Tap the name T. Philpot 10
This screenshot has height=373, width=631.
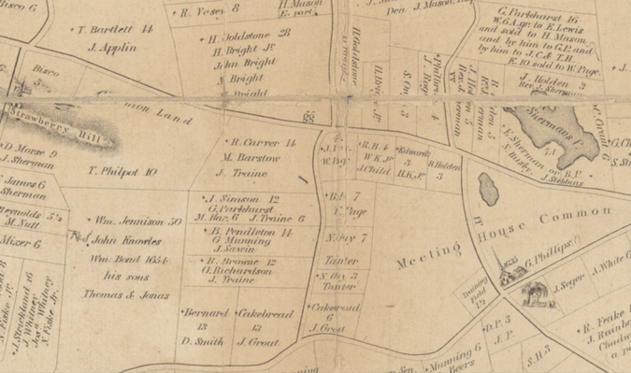122,172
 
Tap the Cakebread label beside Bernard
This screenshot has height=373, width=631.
263,313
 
